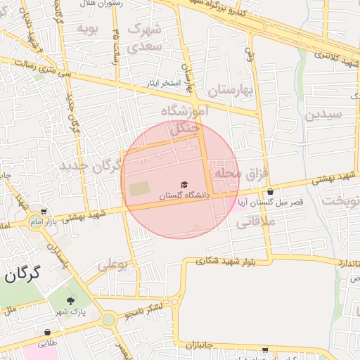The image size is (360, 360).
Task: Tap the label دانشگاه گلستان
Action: tap(184, 196)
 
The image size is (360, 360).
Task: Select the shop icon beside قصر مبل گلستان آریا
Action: tap(270, 192)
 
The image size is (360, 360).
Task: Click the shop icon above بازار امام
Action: tap(44, 212)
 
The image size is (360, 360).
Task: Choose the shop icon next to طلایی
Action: tap(47, 333)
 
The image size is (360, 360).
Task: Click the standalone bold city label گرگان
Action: tap(22, 273)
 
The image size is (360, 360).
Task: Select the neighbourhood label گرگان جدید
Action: tap(97, 166)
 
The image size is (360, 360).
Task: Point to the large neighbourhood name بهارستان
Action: tap(229, 90)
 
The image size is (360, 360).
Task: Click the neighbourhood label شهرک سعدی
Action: tap(145, 38)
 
